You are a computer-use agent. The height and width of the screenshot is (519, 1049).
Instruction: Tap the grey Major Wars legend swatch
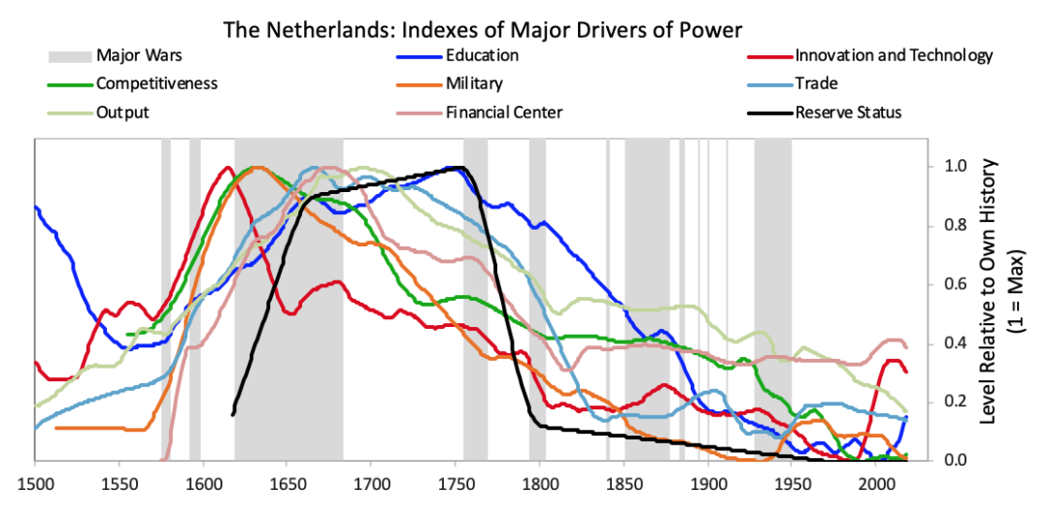pos(69,55)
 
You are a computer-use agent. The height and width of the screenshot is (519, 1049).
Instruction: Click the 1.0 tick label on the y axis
pos(948,167)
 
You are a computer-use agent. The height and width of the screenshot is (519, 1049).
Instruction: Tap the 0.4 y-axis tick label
pos(948,343)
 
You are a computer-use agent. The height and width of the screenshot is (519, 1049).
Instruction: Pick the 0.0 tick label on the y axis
pos(948,461)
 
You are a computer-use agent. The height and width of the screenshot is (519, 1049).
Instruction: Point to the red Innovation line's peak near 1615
pos(228,167)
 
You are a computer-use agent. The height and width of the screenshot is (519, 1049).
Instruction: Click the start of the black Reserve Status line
pos(233,415)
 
